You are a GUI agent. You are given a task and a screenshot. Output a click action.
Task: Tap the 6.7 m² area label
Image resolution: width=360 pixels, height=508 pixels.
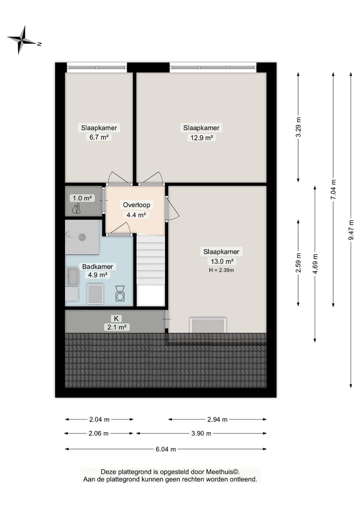[x=99, y=137]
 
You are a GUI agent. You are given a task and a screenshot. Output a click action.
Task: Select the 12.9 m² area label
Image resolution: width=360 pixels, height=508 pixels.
[x=201, y=138]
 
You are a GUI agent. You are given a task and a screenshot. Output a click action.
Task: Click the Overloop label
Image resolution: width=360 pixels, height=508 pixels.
[x=136, y=205]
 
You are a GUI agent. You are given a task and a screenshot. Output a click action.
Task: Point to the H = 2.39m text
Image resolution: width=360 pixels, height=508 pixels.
[x=220, y=270]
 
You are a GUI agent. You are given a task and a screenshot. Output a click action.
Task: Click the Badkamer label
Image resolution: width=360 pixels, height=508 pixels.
[x=97, y=266]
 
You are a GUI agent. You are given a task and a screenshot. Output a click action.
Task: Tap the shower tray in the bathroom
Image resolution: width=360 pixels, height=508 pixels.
[x=81, y=237]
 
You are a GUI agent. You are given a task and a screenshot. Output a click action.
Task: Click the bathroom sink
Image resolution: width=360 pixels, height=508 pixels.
[x=72, y=277]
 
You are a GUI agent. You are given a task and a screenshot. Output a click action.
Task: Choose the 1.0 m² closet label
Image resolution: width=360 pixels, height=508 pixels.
[x=82, y=198]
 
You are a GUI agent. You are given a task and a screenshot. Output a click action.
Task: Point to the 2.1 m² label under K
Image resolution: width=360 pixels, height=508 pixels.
[x=116, y=327]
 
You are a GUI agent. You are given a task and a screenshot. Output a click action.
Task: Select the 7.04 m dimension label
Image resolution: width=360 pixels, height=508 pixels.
[x=333, y=190]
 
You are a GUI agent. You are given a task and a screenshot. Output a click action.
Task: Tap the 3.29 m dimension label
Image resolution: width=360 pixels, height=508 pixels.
[x=299, y=127]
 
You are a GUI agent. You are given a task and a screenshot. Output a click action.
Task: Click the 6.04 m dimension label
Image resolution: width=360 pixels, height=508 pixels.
[x=165, y=449]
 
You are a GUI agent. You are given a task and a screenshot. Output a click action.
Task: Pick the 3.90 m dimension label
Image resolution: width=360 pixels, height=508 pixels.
[x=201, y=434]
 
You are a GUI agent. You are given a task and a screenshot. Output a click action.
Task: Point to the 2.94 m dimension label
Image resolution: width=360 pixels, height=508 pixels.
[x=217, y=420]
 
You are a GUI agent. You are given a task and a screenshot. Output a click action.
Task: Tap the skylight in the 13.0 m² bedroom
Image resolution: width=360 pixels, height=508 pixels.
[x=208, y=325]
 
